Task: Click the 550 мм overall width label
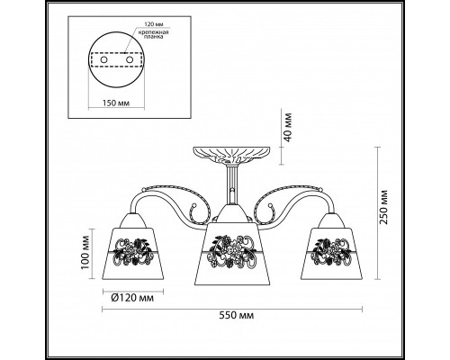pyautogui.click(x=236, y=316)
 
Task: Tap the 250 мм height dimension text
pyautogui.click(x=383, y=207)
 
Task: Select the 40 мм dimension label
pyautogui.click(x=287, y=128)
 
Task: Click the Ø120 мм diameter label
pyautogui.click(x=132, y=298)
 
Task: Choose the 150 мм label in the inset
pyautogui.click(x=116, y=103)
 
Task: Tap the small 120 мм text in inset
pyautogui.click(x=154, y=24)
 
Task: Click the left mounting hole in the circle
pyautogui.click(x=103, y=59)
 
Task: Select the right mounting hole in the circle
pyautogui.click(x=130, y=59)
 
